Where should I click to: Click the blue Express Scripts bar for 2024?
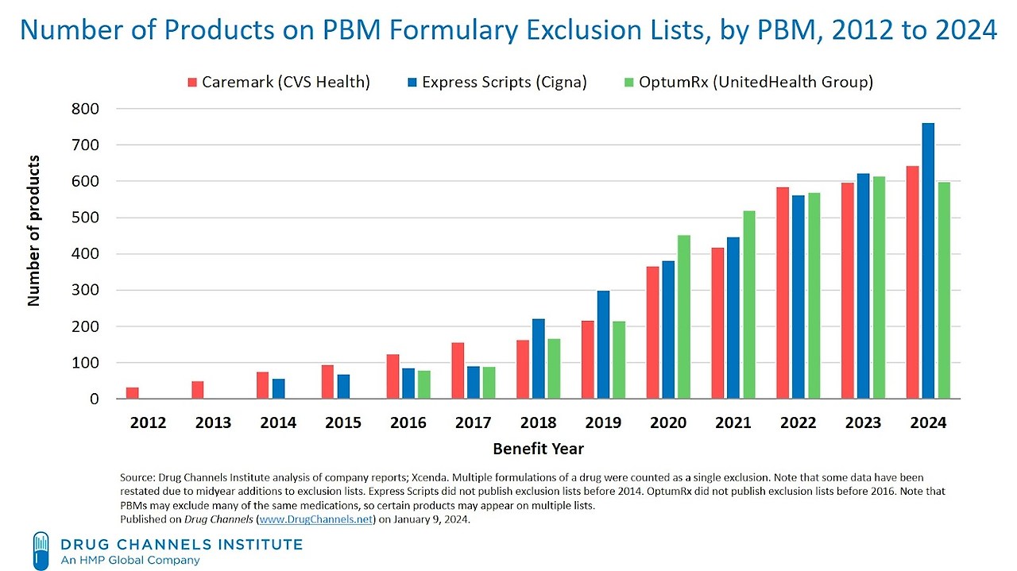(928, 261)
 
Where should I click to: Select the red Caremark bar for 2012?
(133, 393)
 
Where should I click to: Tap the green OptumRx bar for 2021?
(748, 305)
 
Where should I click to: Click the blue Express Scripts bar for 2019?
(603, 345)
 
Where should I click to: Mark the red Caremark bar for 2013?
(197, 390)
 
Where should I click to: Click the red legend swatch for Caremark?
(191, 83)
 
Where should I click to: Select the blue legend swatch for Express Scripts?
(412, 83)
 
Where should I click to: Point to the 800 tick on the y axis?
(86, 109)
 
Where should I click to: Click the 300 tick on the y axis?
(86, 291)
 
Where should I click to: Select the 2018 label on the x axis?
(538, 423)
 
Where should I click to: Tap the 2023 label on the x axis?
(863, 423)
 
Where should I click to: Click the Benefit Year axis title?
(538, 449)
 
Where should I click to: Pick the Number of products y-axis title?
(34, 231)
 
